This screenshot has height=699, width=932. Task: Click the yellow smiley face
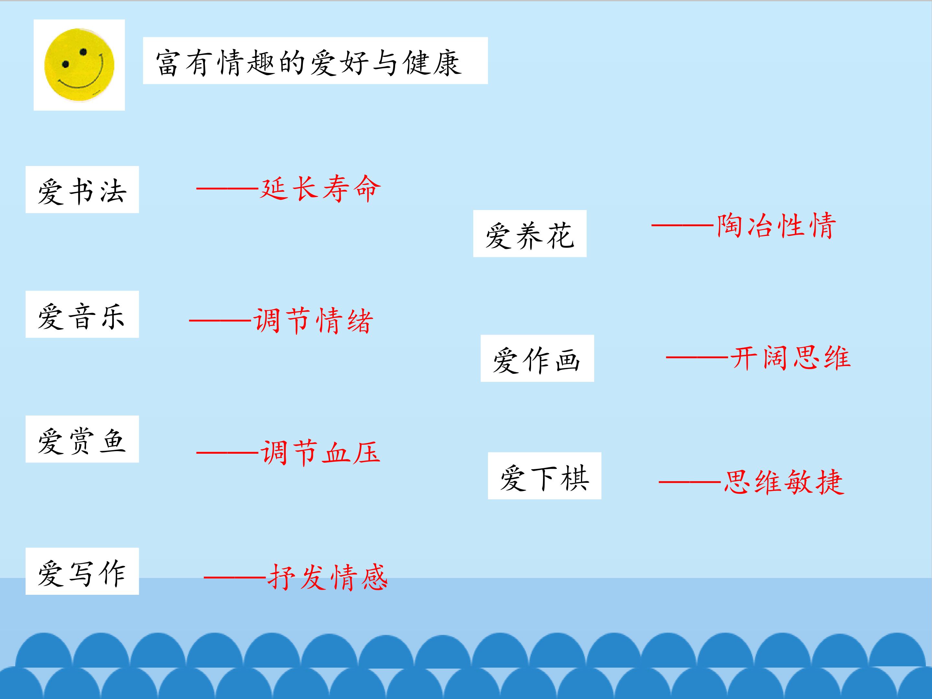pos(79,65)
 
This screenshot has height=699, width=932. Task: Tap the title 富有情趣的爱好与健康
pos(309,63)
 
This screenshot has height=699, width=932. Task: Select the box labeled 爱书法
pos(82,190)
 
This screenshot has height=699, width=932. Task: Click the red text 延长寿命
pos(320,188)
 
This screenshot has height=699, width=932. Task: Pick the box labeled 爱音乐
pos(82,314)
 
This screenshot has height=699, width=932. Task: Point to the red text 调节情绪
pos(313,321)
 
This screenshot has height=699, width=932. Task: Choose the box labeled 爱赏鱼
pos(82,439)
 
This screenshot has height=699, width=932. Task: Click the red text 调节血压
pos(320,452)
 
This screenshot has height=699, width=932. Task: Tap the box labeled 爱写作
pos(82,571)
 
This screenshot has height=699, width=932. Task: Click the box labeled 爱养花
pos(530,233)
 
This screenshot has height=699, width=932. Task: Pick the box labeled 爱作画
pos(537,358)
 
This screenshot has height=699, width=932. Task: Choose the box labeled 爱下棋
pos(544,476)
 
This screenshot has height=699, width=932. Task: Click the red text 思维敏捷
pos(784,482)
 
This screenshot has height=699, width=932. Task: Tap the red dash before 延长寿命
pos(227,188)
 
